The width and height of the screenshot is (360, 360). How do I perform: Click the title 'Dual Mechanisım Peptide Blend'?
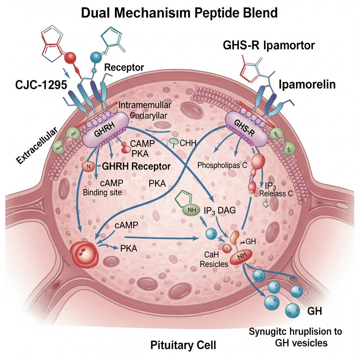tap(180, 13)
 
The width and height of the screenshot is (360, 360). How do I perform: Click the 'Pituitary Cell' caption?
tap(183, 345)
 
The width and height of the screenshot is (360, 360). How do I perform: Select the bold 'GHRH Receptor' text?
tap(136, 166)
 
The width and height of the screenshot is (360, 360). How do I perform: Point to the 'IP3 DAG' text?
tap(220, 211)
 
